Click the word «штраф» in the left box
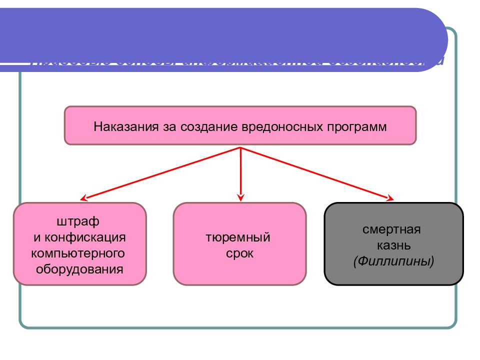(78, 221)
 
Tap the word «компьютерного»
(78, 253)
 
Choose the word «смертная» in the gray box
(392, 229)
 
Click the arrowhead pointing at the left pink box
(84, 197)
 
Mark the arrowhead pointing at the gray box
(390, 198)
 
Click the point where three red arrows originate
(241, 148)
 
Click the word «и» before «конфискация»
(36, 237)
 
